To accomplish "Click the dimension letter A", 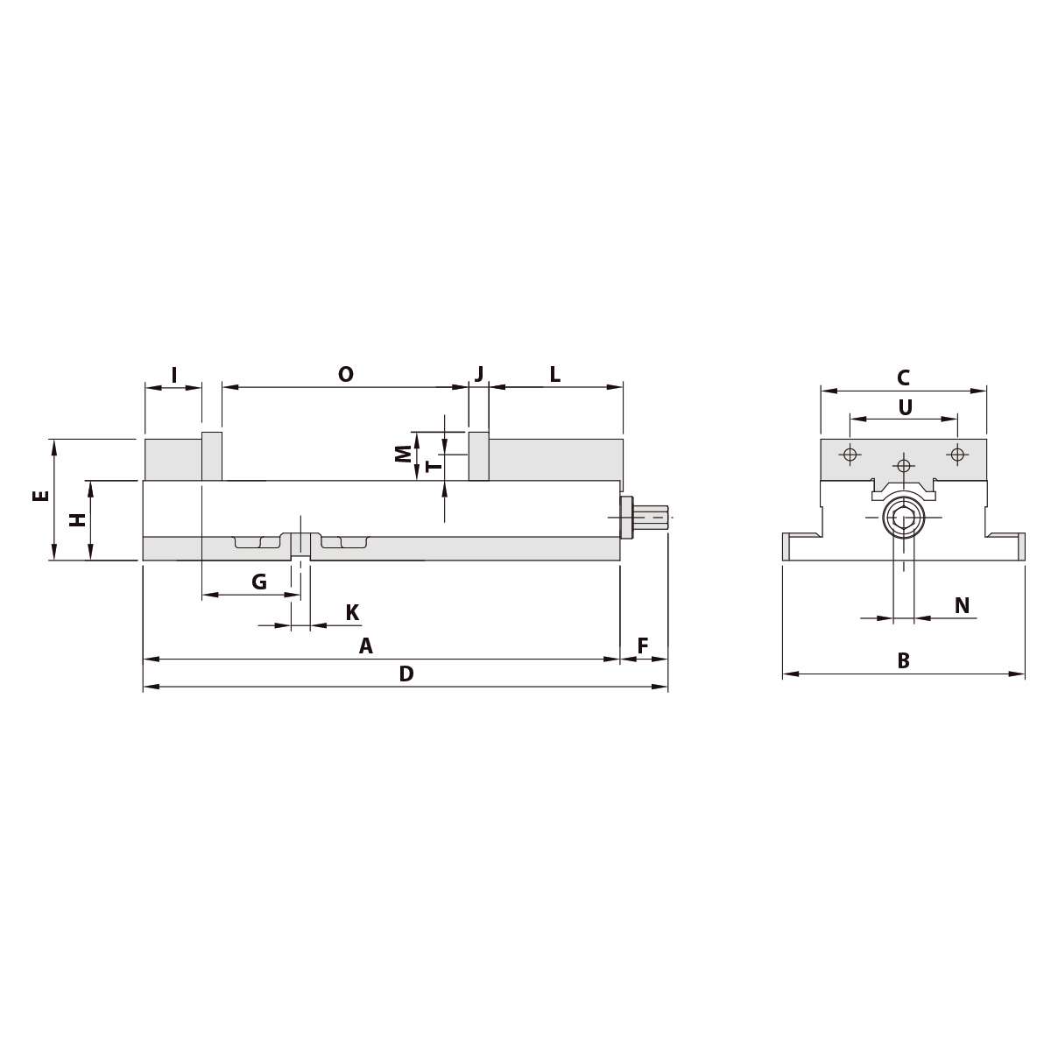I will point(366,646).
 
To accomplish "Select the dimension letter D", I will point(406,674).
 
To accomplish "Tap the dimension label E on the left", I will point(40,496).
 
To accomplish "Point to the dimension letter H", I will point(79,519).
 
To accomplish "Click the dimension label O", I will point(346,375).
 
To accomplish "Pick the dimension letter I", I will point(173,376).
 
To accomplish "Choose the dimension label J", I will point(479,374).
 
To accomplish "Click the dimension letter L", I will point(554,375).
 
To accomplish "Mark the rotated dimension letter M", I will point(403,453).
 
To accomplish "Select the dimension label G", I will point(259,582).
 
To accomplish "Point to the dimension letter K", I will point(352,613).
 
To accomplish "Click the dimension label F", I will point(643,646).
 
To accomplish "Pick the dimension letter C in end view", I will point(903,378).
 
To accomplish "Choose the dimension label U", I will point(906,407).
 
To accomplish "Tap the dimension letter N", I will point(962,605).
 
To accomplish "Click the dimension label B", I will point(903,661).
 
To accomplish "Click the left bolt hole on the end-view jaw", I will point(848,454).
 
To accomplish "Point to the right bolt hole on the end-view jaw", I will point(957,454).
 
